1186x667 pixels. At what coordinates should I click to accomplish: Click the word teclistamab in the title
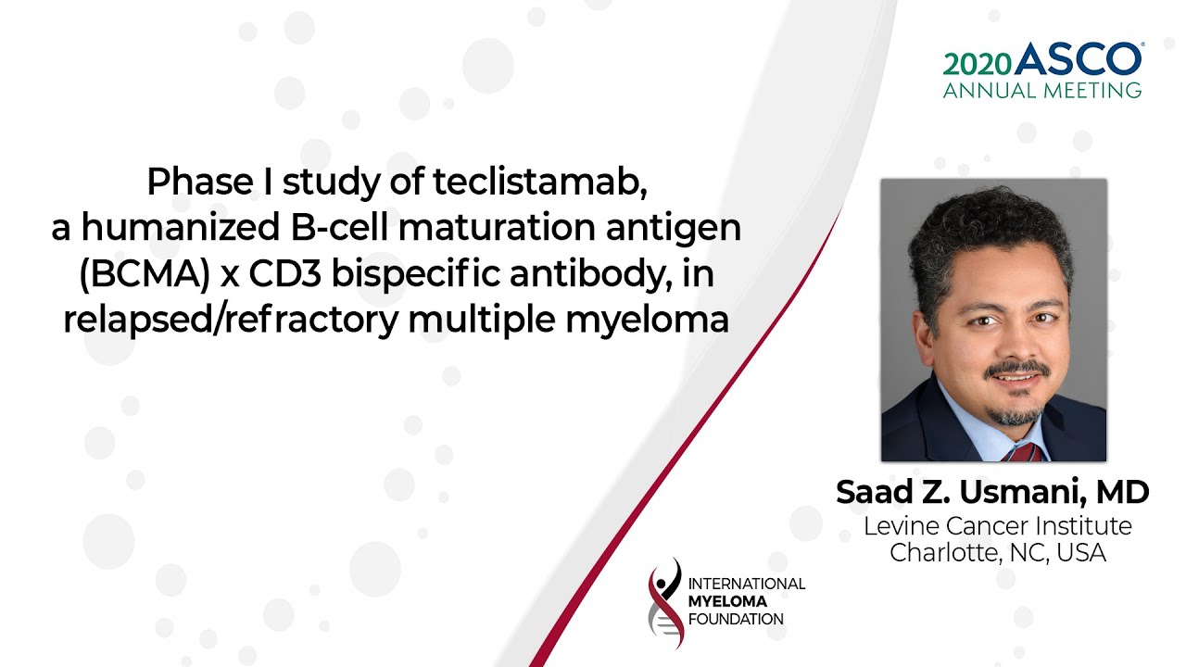click(540, 182)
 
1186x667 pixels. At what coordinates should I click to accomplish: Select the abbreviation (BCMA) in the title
click(145, 274)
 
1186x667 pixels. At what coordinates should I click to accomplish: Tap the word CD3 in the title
click(284, 273)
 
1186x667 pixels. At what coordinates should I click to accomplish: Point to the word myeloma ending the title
click(647, 321)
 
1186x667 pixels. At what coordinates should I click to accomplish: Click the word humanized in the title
click(180, 227)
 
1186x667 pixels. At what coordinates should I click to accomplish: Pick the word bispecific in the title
click(416, 275)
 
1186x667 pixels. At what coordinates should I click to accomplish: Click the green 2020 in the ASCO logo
click(978, 65)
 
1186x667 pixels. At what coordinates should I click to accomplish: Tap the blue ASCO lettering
click(1079, 58)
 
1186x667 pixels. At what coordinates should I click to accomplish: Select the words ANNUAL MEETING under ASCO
click(1042, 91)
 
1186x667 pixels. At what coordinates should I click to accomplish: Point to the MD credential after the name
click(1122, 492)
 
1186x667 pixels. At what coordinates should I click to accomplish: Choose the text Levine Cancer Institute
click(998, 526)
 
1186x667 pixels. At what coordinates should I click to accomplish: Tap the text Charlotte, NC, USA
click(998, 553)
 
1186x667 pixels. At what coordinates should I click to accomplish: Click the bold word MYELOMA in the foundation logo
click(727, 601)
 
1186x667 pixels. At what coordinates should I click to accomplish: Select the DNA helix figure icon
click(665, 603)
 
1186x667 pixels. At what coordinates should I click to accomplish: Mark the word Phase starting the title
click(200, 182)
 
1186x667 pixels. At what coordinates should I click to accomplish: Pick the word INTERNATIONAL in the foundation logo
click(746, 584)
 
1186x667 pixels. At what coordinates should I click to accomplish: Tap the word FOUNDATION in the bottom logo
click(736, 619)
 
